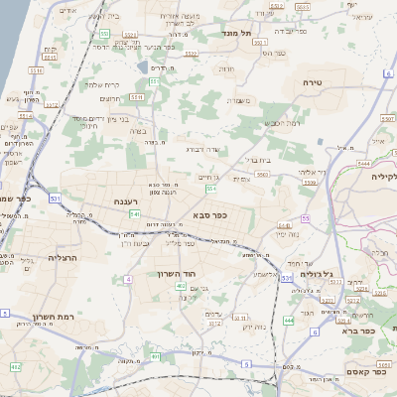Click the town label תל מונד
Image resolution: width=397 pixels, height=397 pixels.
(x=238, y=33)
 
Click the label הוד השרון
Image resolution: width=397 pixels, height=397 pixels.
(x=180, y=272)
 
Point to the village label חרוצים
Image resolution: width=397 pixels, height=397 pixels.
(x=111, y=97)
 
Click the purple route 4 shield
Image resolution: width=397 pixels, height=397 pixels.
(x=128, y=279)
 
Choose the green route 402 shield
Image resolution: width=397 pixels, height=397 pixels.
(x=180, y=286)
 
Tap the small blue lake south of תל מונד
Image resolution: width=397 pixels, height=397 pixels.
(x=146, y=67)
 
